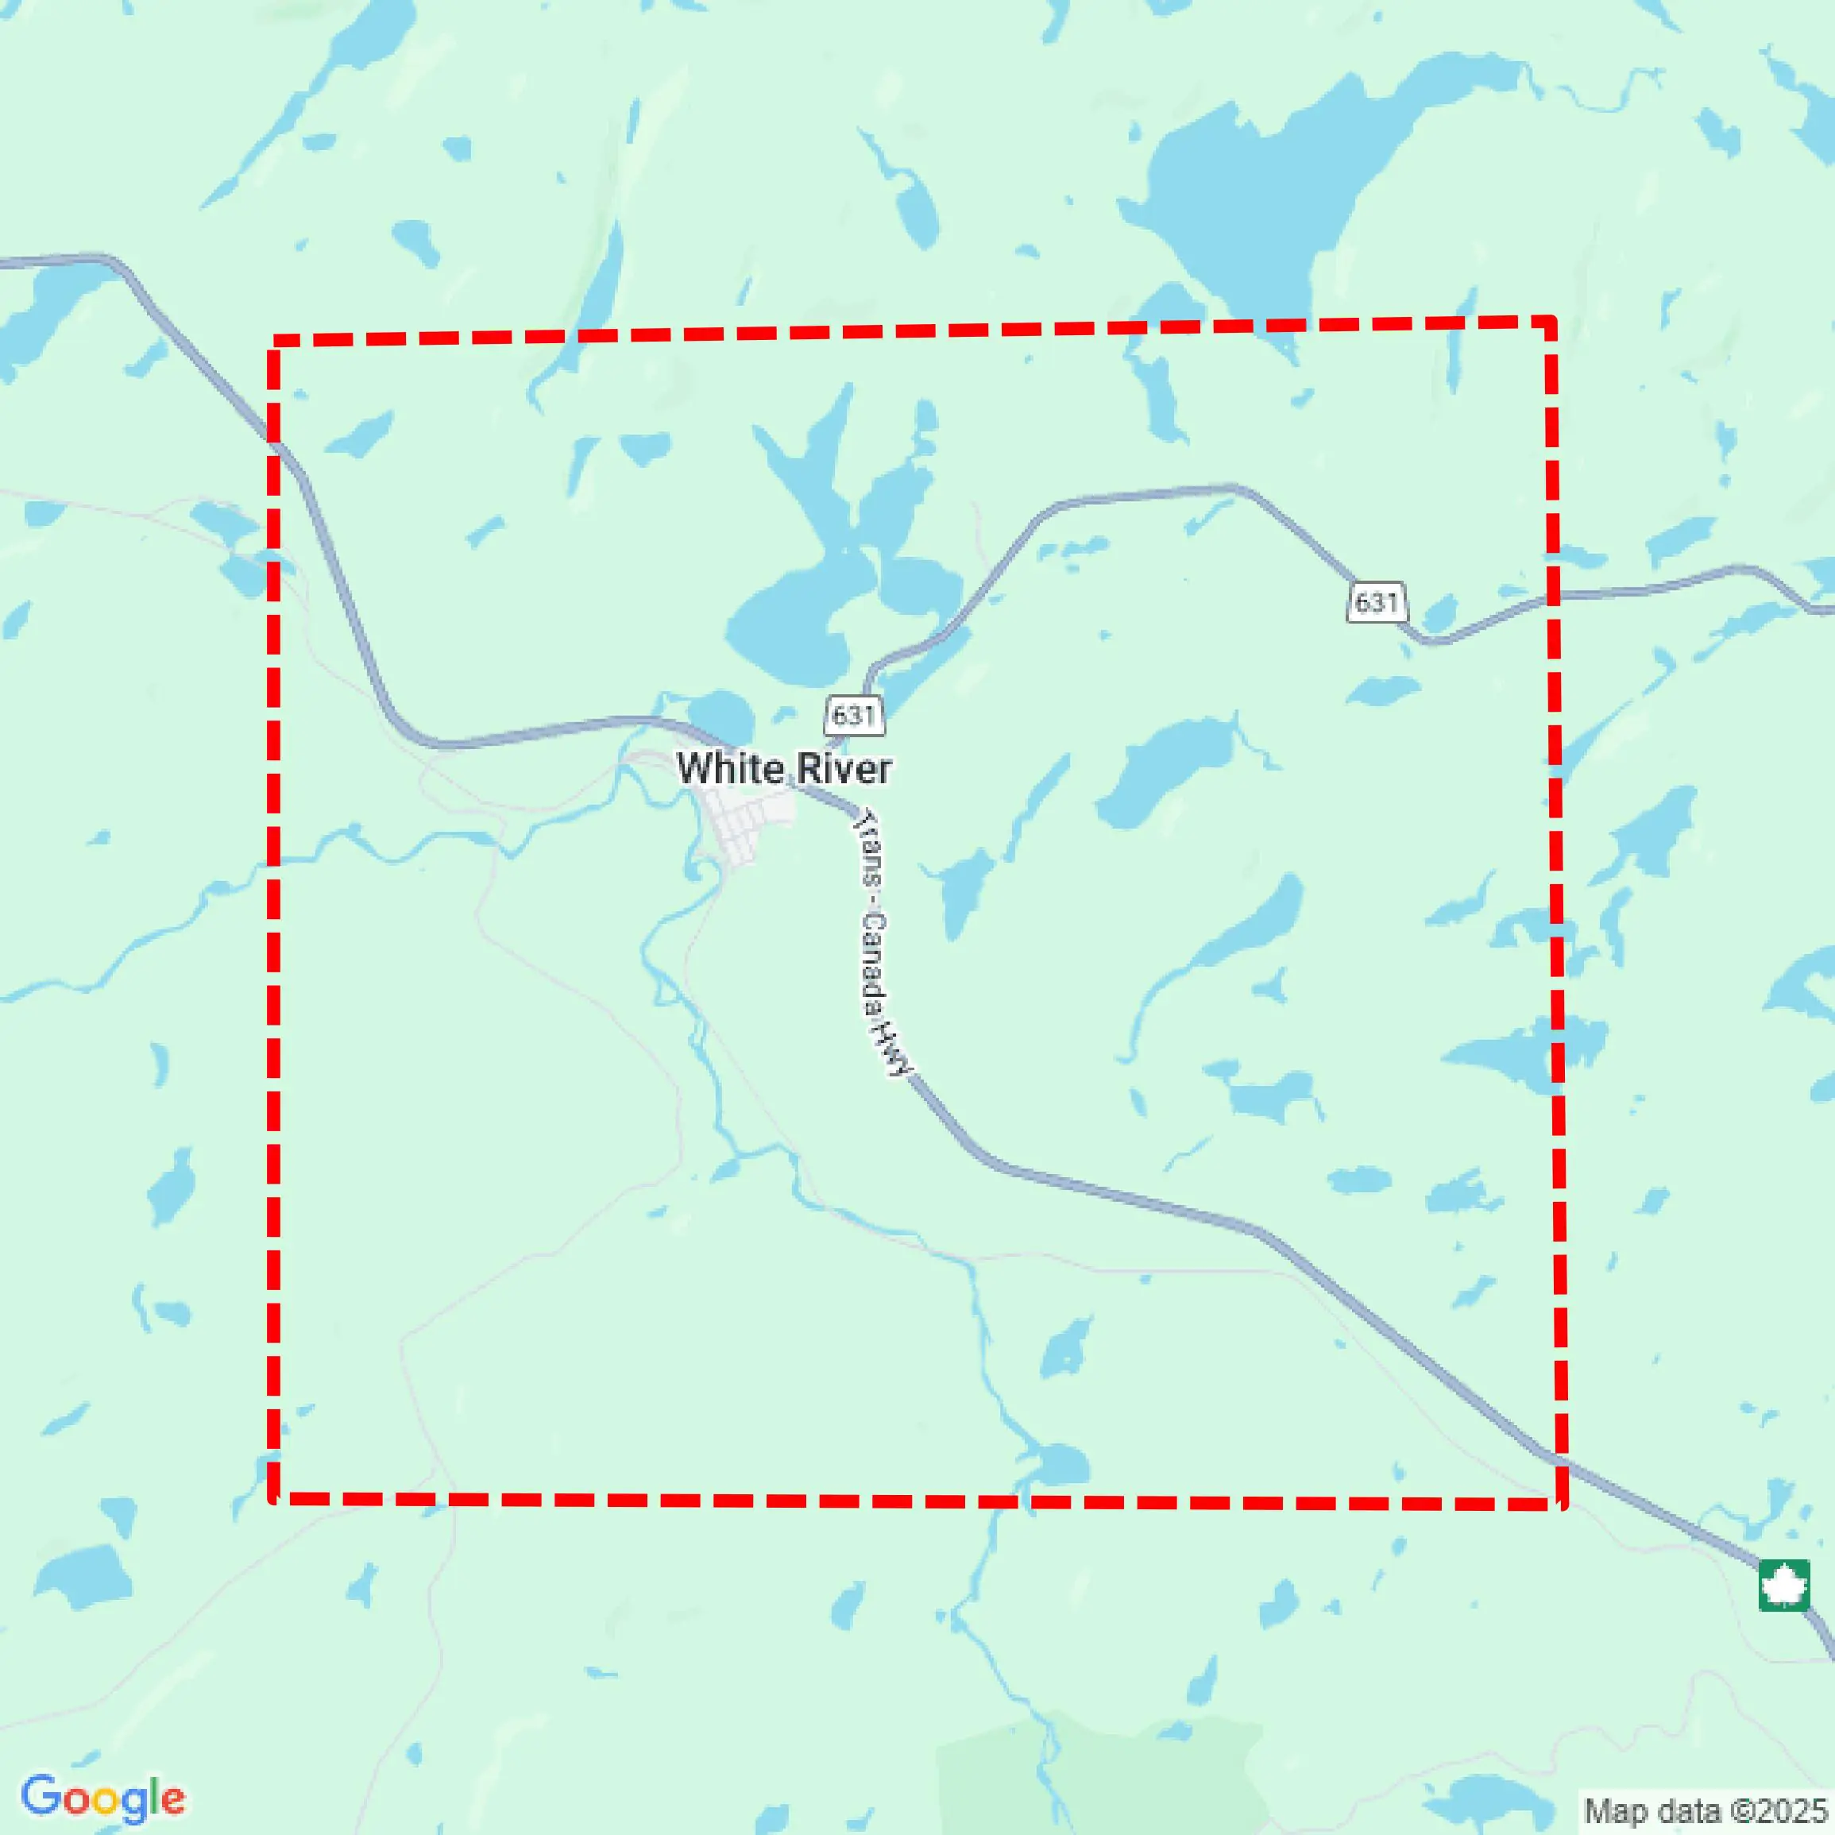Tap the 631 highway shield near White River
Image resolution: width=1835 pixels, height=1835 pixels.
(854, 714)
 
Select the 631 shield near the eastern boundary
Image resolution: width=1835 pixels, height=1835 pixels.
(1376, 602)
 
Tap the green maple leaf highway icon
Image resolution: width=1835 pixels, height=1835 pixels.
(1783, 1586)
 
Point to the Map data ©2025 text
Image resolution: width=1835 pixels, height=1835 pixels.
(1706, 1810)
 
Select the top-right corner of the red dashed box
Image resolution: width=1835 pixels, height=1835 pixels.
(1550, 324)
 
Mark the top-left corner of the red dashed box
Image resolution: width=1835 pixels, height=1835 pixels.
(276, 341)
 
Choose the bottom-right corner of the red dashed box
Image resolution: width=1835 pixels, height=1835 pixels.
(1559, 1503)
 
